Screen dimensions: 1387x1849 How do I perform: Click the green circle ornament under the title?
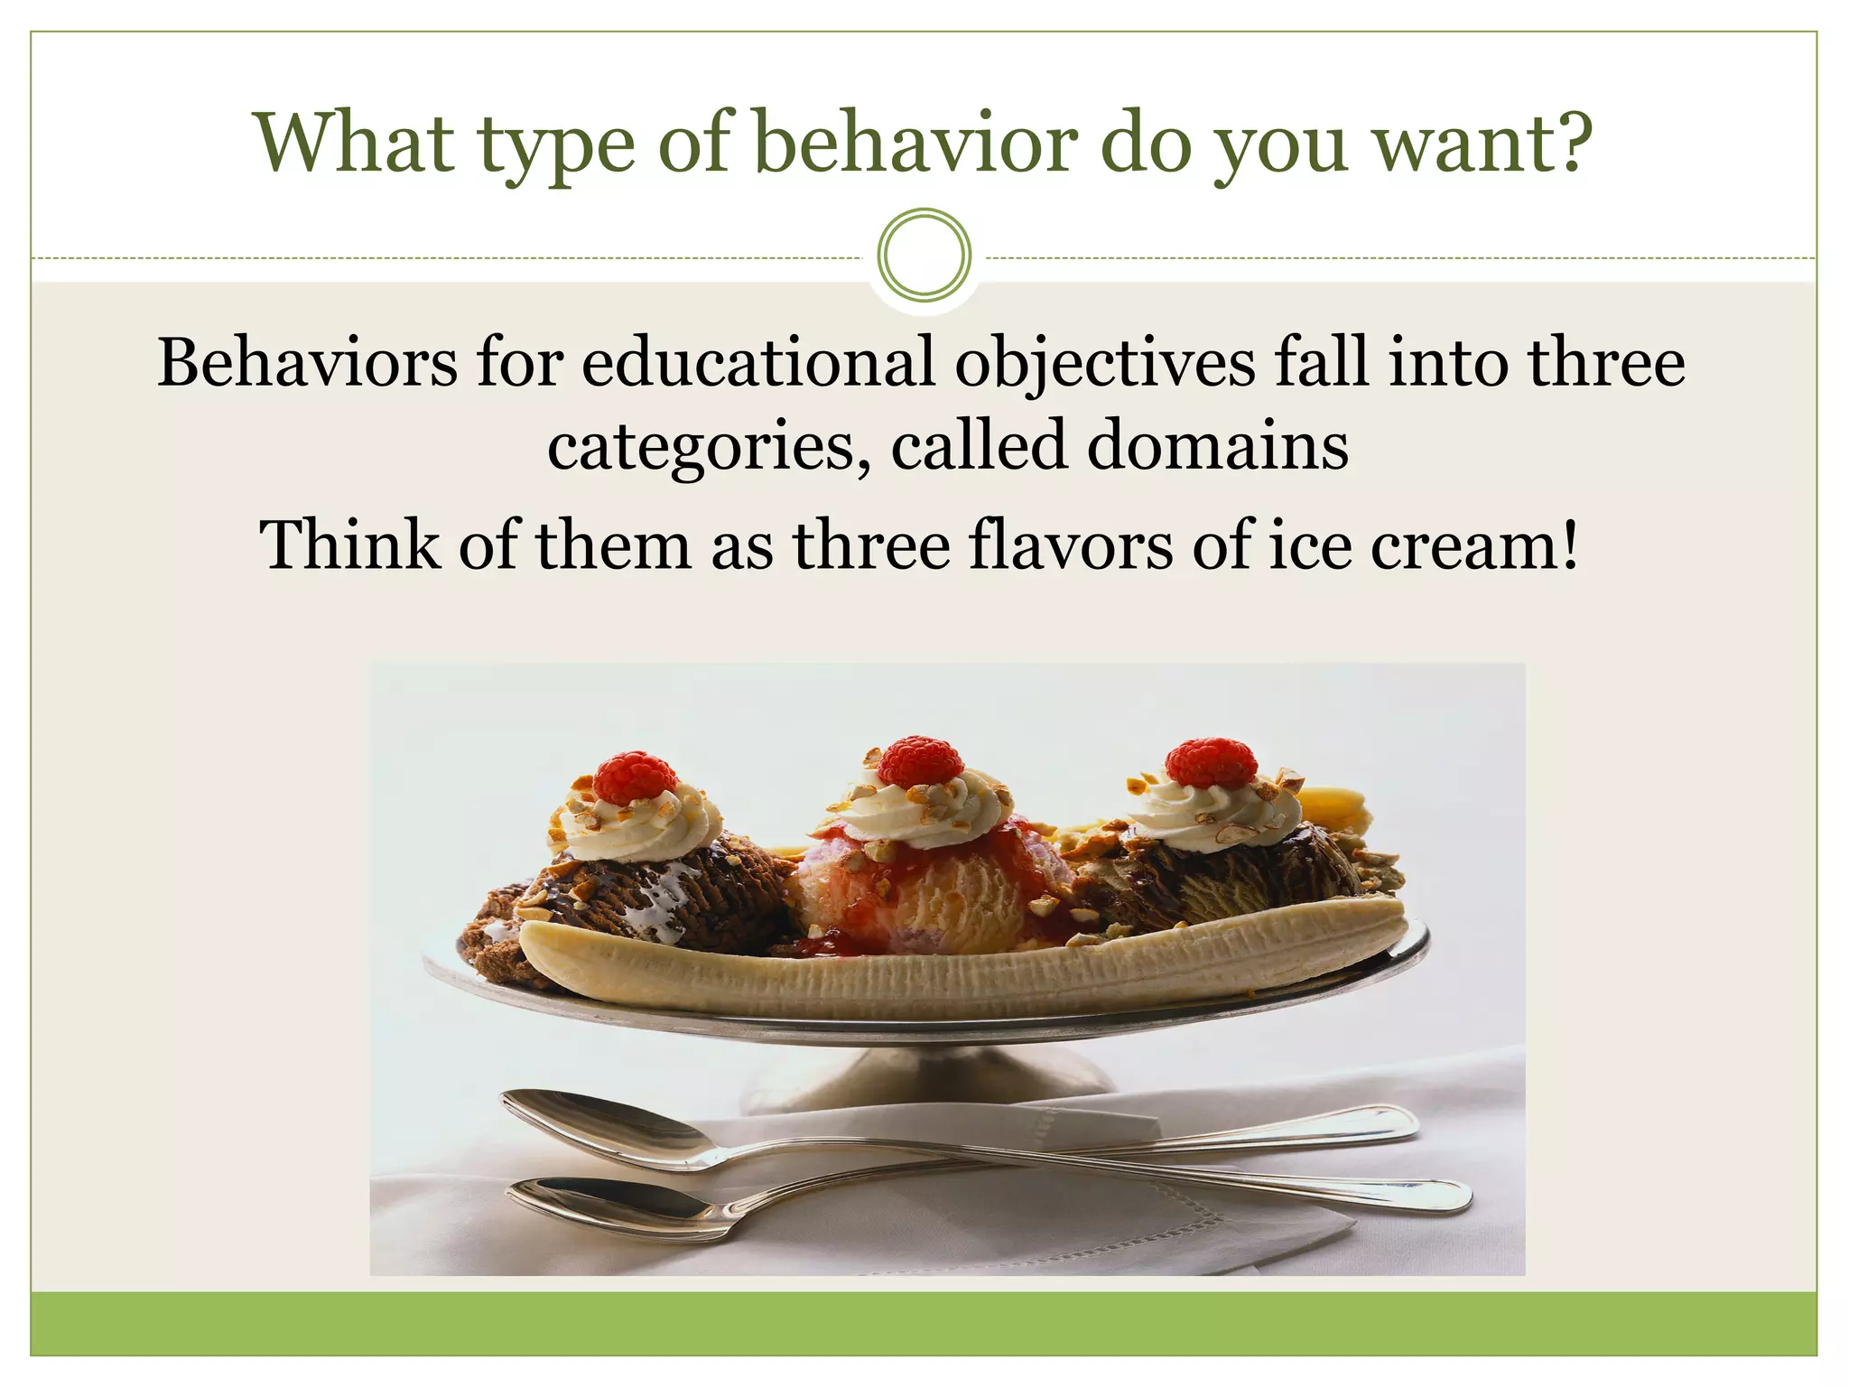tap(924, 256)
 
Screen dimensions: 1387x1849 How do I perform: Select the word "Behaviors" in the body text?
tap(308, 362)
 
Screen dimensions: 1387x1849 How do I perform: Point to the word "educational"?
tap(757, 362)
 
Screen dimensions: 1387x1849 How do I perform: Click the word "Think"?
tap(348, 545)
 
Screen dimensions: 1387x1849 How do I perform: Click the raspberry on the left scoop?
tap(636, 777)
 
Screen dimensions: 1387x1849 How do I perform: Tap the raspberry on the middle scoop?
tap(921, 760)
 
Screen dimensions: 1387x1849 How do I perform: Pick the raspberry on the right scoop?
tap(1210, 763)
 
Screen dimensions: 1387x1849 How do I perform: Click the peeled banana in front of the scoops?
tap(957, 971)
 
